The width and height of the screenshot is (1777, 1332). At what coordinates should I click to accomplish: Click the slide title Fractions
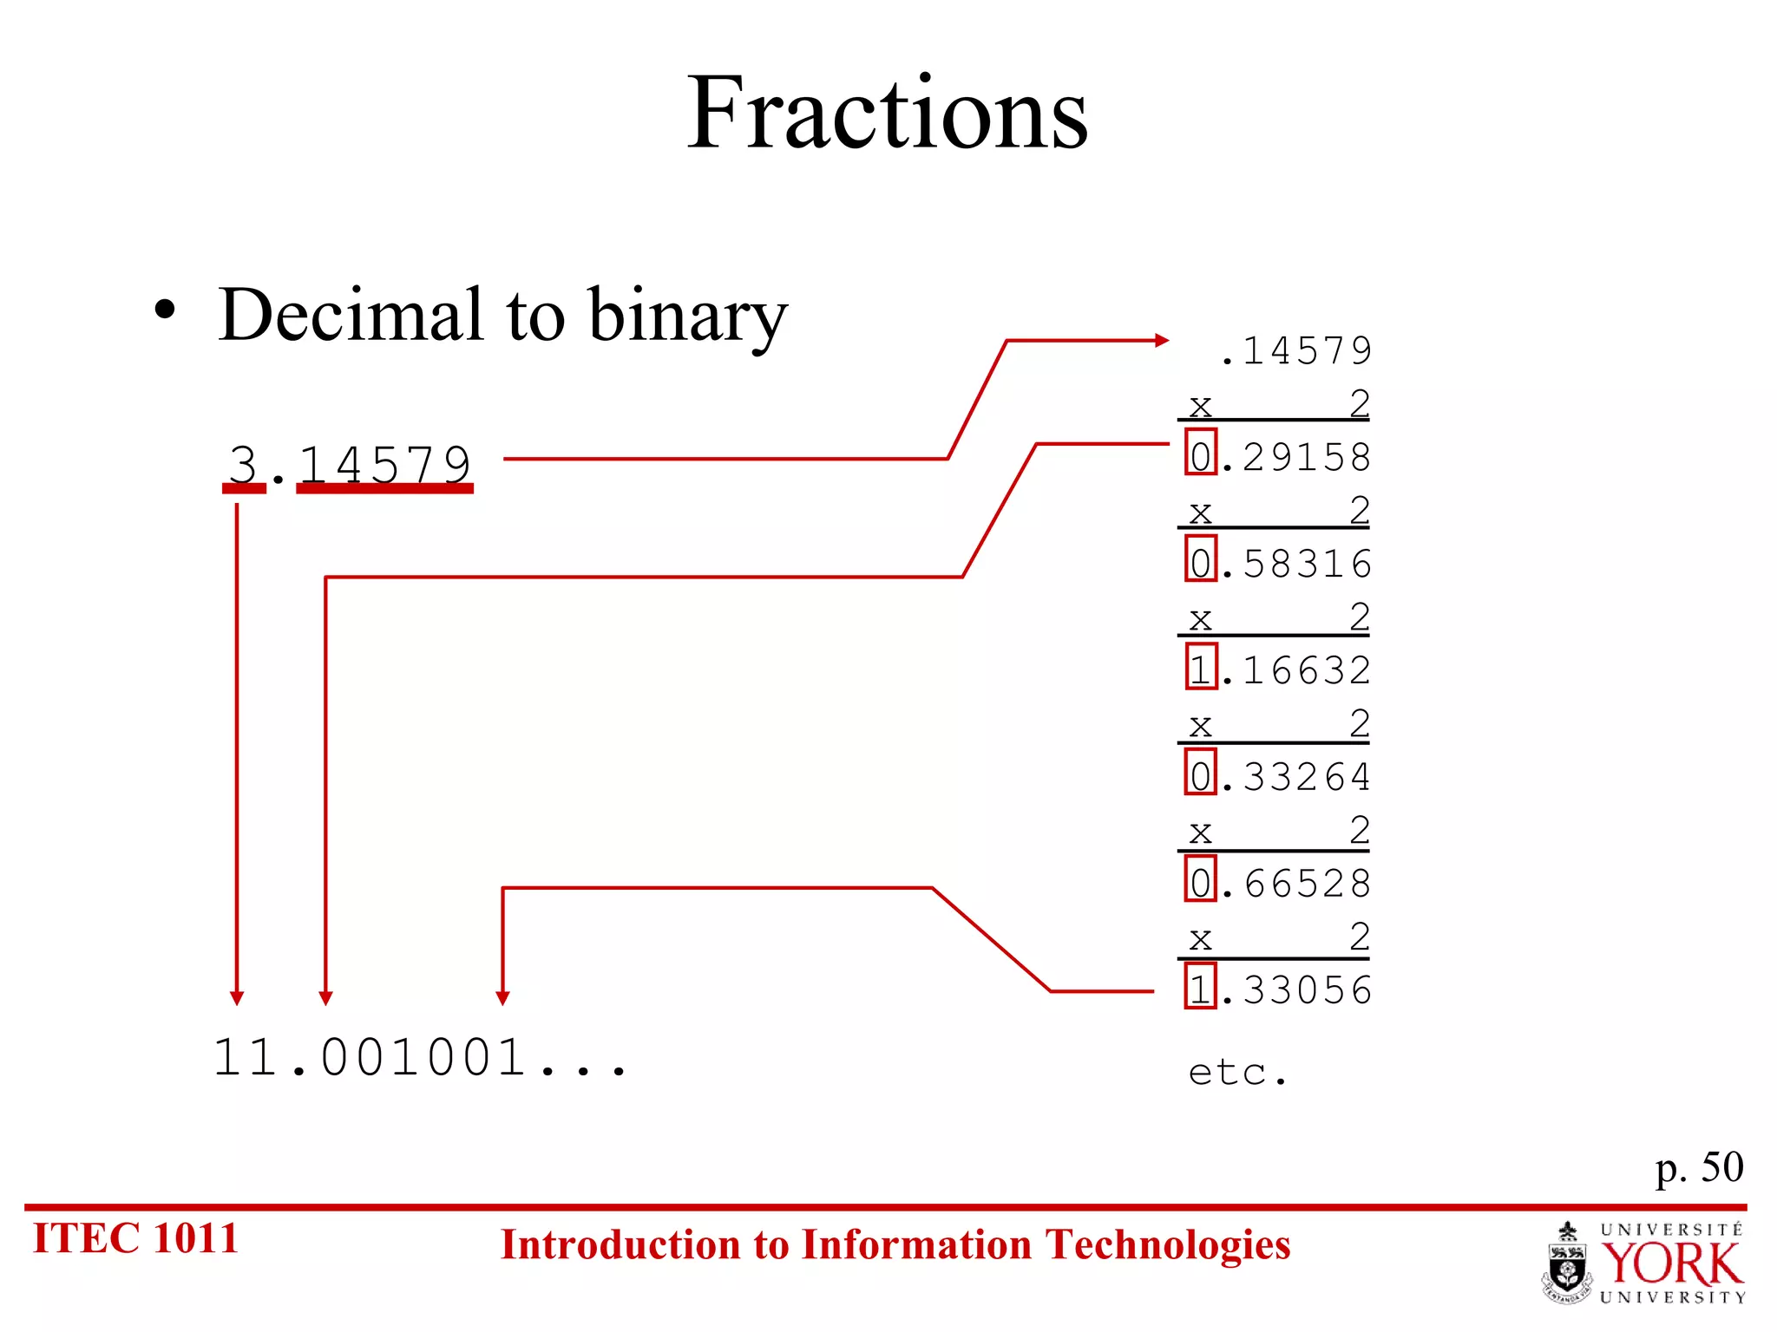click(887, 113)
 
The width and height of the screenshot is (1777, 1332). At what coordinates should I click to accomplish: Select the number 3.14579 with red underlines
click(349, 464)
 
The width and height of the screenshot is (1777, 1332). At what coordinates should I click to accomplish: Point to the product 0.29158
click(1279, 457)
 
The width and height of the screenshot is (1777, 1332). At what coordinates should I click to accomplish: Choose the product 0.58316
click(1279, 564)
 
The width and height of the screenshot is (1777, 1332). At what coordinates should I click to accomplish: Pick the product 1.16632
click(1279, 670)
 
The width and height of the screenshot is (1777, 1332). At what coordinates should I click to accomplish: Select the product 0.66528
click(1279, 884)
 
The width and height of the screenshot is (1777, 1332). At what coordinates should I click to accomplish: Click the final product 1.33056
click(1279, 990)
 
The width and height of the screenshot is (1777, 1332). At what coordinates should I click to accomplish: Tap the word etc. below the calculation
click(1237, 1074)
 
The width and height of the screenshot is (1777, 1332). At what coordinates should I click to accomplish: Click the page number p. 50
click(1698, 1168)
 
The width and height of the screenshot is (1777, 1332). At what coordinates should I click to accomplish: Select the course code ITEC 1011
click(135, 1238)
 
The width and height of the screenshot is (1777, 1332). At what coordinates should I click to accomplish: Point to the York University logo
click(1644, 1263)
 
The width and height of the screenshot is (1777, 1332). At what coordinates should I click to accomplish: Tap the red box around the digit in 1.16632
click(1201, 667)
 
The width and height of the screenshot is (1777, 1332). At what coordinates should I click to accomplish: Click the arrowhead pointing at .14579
click(1162, 341)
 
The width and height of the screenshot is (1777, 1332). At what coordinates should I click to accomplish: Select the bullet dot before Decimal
click(165, 310)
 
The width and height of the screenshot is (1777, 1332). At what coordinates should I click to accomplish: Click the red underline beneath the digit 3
click(244, 489)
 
